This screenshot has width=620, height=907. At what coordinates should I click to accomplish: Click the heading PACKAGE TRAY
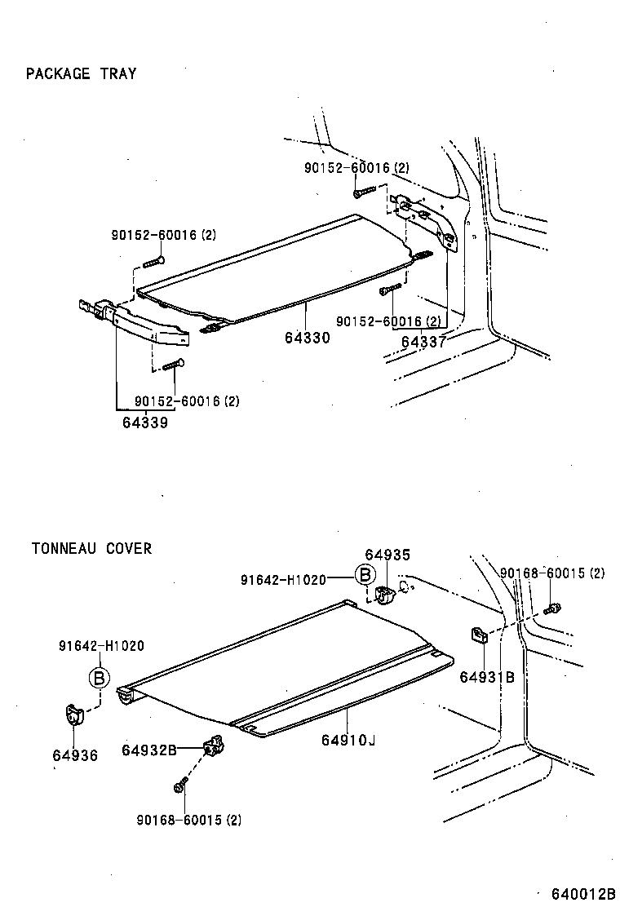[81, 73]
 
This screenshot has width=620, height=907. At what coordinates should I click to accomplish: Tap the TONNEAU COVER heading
[91, 548]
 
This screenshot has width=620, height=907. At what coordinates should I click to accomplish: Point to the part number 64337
[423, 342]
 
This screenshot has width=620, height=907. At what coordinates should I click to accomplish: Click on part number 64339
[145, 422]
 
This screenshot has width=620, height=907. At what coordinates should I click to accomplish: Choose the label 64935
[387, 555]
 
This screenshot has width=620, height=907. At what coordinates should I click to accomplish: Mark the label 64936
[74, 755]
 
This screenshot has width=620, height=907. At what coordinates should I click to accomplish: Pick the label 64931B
[487, 676]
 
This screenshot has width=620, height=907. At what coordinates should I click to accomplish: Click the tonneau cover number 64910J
[348, 740]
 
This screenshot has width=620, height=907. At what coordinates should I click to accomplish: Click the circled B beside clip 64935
[365, 576]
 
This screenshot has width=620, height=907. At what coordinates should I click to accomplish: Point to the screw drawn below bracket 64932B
[179, 787]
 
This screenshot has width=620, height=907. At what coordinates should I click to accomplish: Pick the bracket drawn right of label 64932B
[214, 745]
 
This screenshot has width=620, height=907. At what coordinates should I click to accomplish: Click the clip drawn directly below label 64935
[386, 596]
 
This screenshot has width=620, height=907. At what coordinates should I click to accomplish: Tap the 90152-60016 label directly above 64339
[187, 401]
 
